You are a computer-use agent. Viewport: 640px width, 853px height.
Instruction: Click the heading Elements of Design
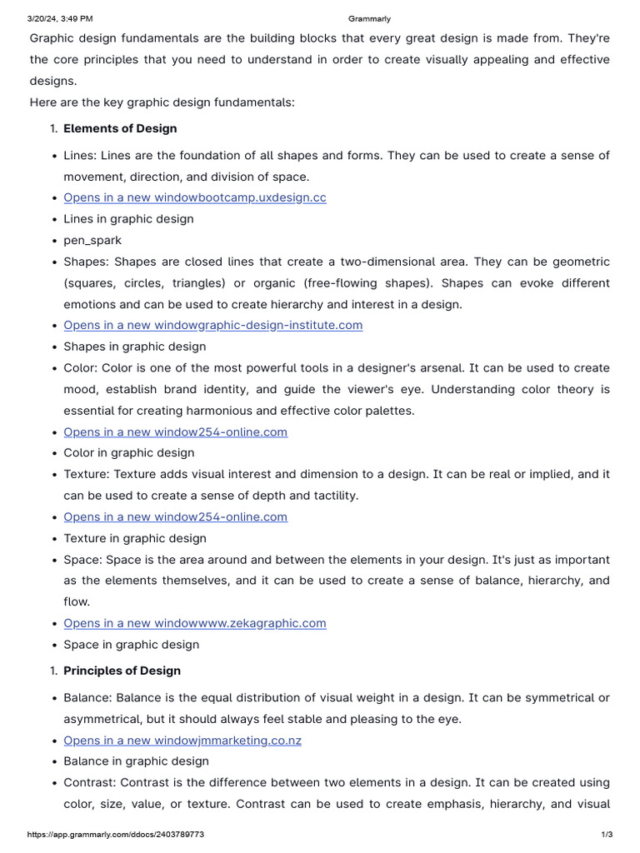click(x=120, y=128)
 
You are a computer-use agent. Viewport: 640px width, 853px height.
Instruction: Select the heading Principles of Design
click(x=122, y=671)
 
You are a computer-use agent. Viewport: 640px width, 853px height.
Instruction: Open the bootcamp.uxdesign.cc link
click(x=195, y=197)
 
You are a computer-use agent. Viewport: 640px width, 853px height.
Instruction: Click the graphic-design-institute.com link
click(x=213, y=325)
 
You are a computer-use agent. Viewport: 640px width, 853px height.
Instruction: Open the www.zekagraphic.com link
click(x=195, y=623)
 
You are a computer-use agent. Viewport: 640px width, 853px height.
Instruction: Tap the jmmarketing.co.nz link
click(x=182, y=740)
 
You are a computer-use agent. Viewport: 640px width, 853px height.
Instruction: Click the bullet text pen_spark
click(x=92, y=240)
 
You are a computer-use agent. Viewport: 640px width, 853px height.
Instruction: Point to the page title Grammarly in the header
click(x=368, y=18)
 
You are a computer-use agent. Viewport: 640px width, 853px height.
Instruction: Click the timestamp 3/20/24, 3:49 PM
click(x=60, y=18)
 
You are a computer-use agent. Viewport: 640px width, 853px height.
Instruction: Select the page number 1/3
click(x=607, y=834)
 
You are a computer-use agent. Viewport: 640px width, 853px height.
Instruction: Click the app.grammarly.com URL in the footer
click(x=116, y=834)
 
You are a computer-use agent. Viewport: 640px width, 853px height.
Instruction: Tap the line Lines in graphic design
click(x=128, y=219)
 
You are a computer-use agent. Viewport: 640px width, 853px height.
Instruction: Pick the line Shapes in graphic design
click(x=134, y=347)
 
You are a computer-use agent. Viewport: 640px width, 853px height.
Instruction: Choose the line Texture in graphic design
click(x=135, y=538)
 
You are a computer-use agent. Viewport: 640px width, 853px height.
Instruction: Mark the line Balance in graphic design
click(x=136, y=761)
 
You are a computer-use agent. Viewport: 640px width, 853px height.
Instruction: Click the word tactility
click(x=333, y=496)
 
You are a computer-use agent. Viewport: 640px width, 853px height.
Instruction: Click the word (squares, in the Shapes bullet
click(x=90, y=282)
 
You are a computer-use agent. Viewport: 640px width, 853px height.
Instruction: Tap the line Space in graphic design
click(x=132, y=644)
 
